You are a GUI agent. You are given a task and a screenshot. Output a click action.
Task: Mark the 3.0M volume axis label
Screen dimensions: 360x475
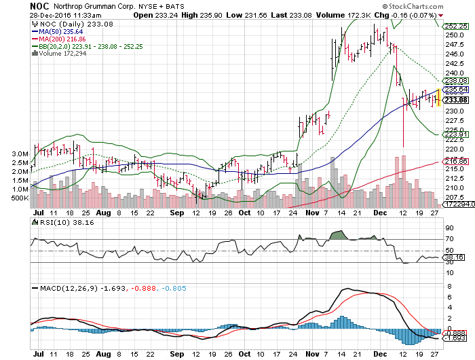pyautogui.click(x=20, y=154)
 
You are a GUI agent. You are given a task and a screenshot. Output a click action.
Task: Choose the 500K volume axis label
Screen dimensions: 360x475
pyautogui.click(x=20, y=198)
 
